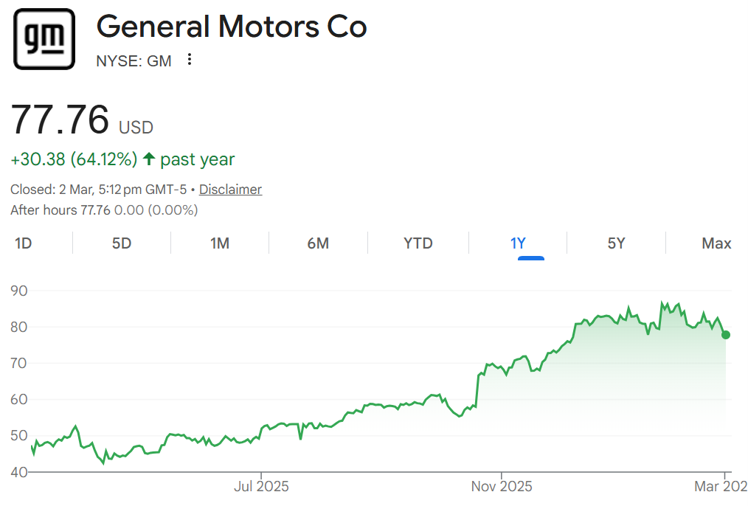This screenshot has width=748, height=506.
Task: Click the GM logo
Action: [x=44, y=39]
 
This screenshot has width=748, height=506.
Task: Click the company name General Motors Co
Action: [x=231, y=27]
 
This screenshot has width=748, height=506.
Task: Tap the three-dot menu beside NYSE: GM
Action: [x=190, y=60]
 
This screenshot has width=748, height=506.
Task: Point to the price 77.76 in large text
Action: [x=60, y=119]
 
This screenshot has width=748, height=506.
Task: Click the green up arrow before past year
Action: [x=149, y=159]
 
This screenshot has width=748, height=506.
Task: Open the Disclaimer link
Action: [x=230, y=190]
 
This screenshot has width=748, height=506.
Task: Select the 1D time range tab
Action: [x=24, y=243]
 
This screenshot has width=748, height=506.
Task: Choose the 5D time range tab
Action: [x=122, y=243]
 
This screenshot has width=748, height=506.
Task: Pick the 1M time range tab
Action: [x=220, y=243]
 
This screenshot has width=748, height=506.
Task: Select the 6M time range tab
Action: [x=318, y=243]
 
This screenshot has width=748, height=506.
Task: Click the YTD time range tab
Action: [x=418, y=243]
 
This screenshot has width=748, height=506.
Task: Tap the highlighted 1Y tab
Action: [x=518, y=243]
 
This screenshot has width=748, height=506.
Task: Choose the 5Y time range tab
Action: [x=617, y=243]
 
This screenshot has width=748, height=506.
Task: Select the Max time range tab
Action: [x=716, y=243]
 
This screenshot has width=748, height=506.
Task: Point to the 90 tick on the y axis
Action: [x=19, y=291]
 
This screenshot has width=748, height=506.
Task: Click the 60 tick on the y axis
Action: [x=19, y=400]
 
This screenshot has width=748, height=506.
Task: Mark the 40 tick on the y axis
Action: [x=19, y=472]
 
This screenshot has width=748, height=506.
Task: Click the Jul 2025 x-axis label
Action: [x=261, y=487]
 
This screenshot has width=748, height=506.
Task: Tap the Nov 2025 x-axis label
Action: [x=502, y=487]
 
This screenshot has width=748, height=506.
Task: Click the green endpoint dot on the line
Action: [x=726, y=335]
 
